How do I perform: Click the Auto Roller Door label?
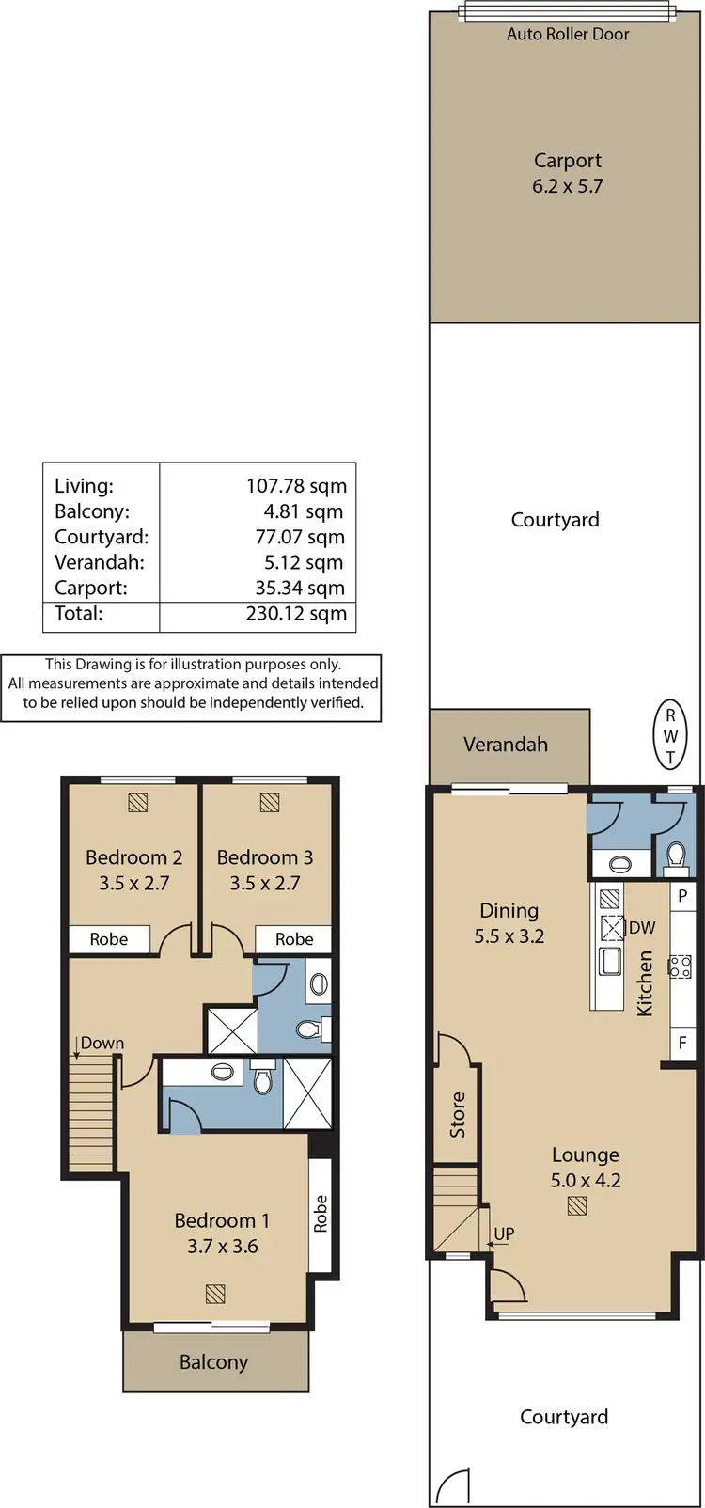click(x=568, y=34)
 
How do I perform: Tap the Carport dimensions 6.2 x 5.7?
click(x=567, y=186)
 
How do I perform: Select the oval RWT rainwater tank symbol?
click(x=670, y=734)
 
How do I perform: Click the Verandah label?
click(x=506, y=745)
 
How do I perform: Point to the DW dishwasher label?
click(x=642, y=928)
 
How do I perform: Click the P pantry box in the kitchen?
click(x=682, y=896)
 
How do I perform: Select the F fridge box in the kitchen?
click(x=682, y=1042)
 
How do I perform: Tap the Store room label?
click(x=458, y=1114)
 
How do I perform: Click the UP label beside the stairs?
click(x=504, y=1233)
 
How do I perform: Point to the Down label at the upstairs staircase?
click(x=102, y=1043)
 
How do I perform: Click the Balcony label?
click(x=214, y=1362)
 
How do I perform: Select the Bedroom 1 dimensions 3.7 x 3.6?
click(x=222, y=1247)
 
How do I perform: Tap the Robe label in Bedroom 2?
click(x=109, y=939)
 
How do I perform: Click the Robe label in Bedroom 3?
click(x=294, y=939)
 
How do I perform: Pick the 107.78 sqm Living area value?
click(x=296, y=486)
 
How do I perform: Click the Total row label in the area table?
click(x=79, y=614)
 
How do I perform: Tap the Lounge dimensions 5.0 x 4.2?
click(x=586, y=1181)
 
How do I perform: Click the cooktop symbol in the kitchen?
click(x=680, y=966)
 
